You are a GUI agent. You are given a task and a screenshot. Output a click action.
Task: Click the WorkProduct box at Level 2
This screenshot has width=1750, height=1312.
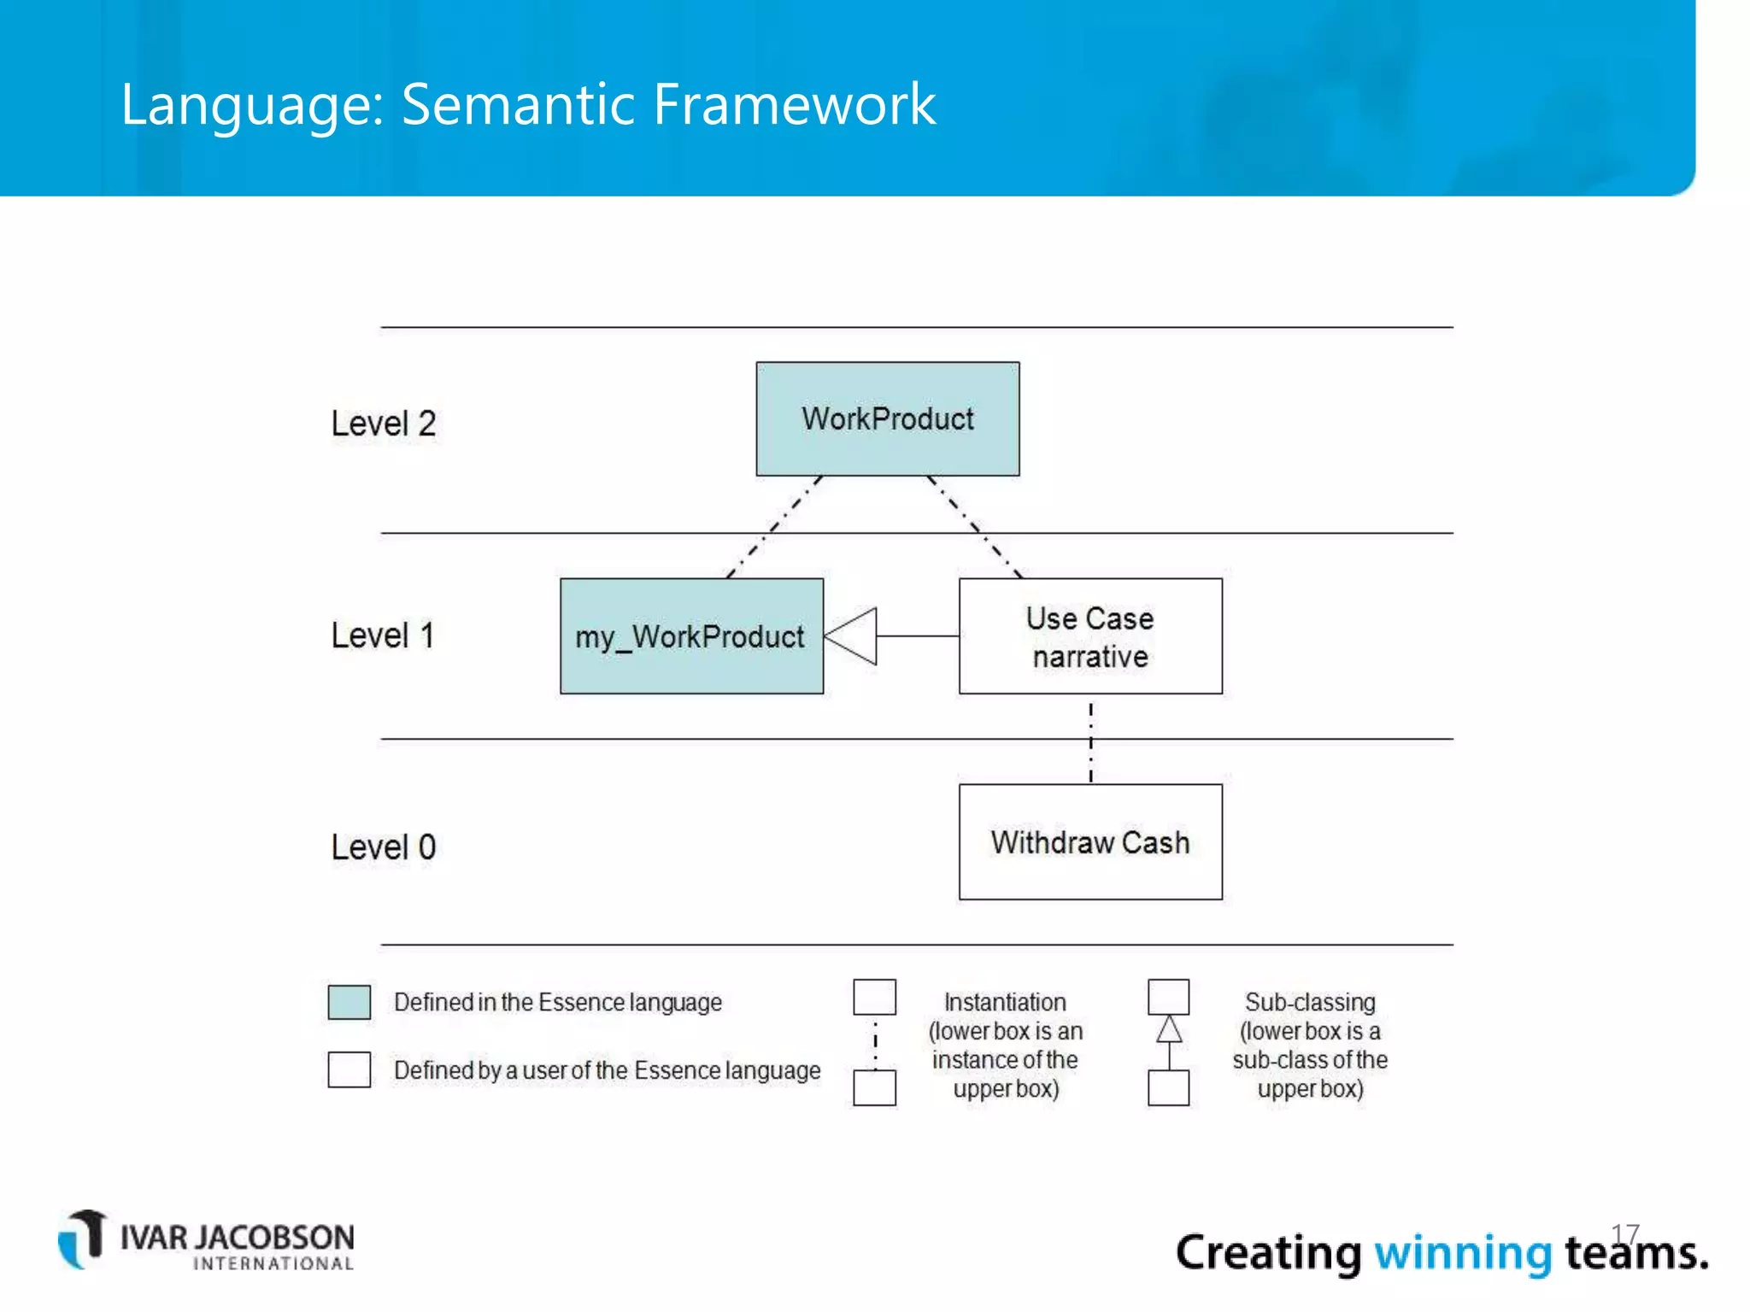pyautogui.click(x=887, y=419)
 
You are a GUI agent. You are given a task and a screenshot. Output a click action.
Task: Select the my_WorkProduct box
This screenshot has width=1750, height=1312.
pyautogui.click(x=691, y=636)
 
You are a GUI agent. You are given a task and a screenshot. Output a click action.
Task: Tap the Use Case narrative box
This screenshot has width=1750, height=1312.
pyautogui.click(x=1090, y=636)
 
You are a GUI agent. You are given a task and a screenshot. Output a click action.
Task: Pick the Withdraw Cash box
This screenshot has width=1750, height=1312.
pyautogui.click(x=1090, y=842)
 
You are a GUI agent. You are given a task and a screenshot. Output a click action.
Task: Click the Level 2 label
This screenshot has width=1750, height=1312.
pyautogui.click(x=384, y=424)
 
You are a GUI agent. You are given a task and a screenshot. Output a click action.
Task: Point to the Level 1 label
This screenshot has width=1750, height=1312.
pyautogui.click(x=384, y=635)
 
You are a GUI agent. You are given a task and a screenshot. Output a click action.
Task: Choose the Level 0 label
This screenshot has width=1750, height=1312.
pyautogui.click(x=384, y=847)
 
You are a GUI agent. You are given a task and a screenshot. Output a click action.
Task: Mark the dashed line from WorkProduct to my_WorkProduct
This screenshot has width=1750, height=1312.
pyautogui.click(x=774, y=527)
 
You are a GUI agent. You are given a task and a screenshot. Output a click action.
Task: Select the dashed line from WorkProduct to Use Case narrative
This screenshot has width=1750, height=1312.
pyautogui.click(x=974, y=526)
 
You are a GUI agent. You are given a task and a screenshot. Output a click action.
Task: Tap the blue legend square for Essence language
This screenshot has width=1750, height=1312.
pyautogui.click(x=349, y=1002)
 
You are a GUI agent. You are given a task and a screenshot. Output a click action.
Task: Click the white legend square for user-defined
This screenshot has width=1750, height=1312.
pyautogui.click(x=349, y=1069)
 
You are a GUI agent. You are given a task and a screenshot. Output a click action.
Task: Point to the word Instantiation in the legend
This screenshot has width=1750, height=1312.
pyautogui.click(x=1005, y=1002)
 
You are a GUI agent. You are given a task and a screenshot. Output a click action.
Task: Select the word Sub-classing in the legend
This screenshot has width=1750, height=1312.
pyautogui.click(x=1310, y=1002)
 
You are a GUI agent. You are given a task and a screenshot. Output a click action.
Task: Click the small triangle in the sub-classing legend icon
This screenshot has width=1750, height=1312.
pyautogui.click(x=1169, y=1030)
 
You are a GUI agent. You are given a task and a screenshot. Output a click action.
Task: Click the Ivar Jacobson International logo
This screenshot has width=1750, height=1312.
pyautogui.click(x=206, y=1241)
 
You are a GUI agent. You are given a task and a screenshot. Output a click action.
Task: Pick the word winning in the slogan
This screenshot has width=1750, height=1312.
pyautogui.click(x=1462, y=1253)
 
